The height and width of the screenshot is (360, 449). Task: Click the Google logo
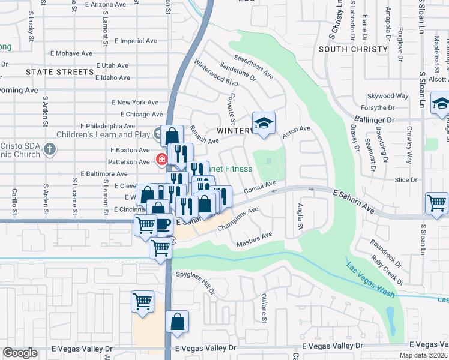click(x=20, y=353)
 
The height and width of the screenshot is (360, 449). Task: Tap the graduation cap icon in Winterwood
click(x=264, y=123)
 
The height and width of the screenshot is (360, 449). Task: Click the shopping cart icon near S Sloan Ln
click(x=436, y=203)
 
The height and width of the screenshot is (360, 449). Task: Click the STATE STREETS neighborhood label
click(x=60, y=71)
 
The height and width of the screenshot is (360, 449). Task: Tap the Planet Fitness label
click(x=231, y=169)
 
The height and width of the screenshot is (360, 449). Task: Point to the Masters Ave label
click(x=255, y=239)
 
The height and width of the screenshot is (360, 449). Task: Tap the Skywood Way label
click(x=388, y=95)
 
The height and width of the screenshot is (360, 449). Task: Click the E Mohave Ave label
click(x=69, y=53)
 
